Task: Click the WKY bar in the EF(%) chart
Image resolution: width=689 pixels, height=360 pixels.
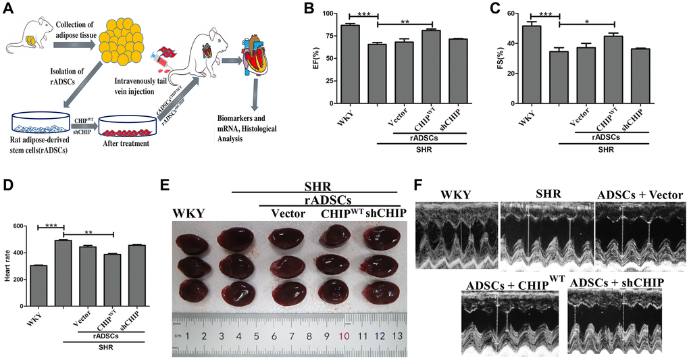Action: pos(350,64)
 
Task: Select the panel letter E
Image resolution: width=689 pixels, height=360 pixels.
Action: pos(164,183)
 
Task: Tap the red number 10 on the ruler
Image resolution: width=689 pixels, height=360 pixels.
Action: pos(344,336)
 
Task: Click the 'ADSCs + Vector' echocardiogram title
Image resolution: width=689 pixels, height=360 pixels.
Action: pos(640,195)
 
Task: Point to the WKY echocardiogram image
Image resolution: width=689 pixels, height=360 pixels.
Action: pos(457,235)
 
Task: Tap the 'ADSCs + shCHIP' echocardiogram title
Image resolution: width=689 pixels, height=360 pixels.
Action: pos(615,282)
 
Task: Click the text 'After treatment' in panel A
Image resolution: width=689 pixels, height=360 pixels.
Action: pos(126,143)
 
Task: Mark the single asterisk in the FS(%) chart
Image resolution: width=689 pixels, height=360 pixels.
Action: pos(587,21)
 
